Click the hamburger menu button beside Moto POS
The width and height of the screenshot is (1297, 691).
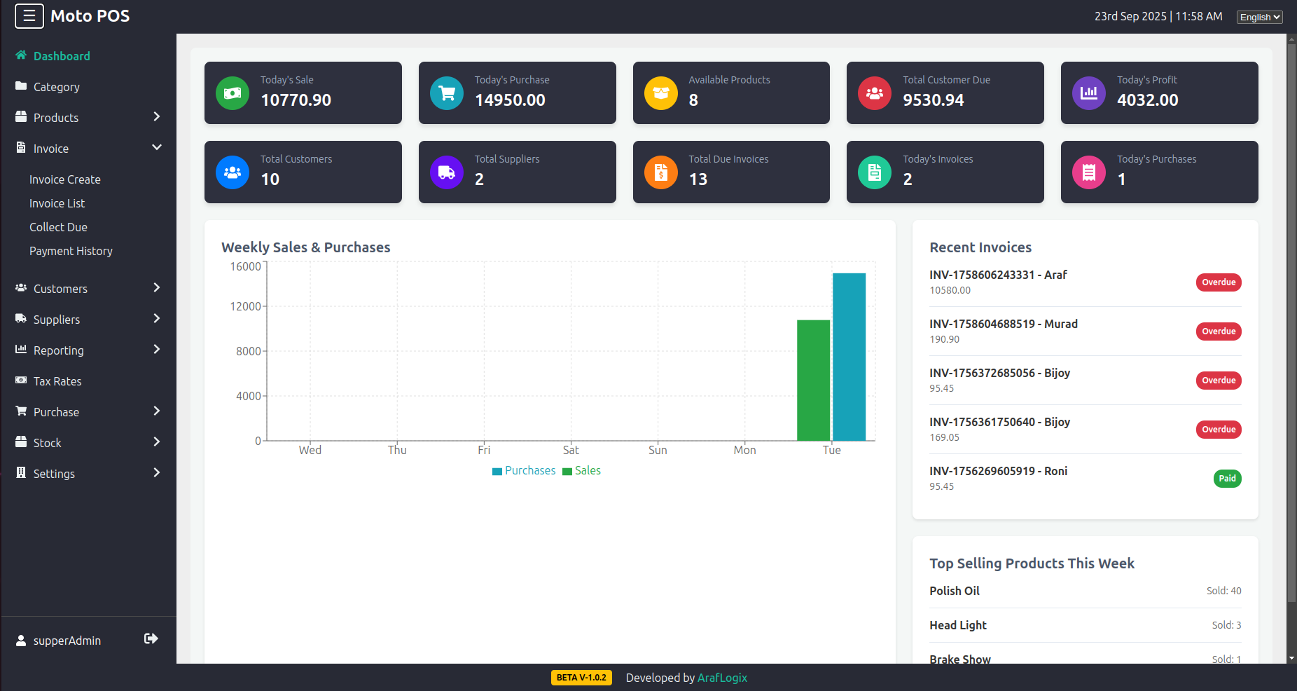click(29, 16)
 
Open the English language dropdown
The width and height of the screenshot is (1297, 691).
click(1259, 17)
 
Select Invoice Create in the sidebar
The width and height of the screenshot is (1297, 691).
click(65, 179)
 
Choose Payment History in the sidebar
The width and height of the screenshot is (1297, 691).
click(71, 251)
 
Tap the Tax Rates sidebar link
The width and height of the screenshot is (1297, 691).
click(57, 381)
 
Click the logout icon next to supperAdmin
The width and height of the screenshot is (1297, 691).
click(151, 638)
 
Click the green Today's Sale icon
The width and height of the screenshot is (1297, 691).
click(233, 93)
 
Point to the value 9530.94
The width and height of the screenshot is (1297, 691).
click(933, 100)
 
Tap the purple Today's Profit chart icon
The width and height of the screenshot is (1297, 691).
click(1088, 93)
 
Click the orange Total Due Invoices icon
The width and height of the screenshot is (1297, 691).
click(660, 172)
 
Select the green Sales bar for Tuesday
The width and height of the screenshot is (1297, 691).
click(813, 381)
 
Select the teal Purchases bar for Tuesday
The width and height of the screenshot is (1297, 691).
click(849, 357)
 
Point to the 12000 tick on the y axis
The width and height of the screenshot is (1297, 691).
click(245, 306)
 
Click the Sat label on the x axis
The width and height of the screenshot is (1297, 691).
click(571, 450)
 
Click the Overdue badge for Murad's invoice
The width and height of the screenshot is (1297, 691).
click(1218, 331)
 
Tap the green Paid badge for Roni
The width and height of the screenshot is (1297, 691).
click(1226, 479)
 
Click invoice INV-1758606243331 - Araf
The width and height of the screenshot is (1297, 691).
click(998, 275)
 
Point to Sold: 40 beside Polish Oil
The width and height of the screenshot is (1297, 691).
click(1223, 591)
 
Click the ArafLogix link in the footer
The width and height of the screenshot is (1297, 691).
click(722, 678)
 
